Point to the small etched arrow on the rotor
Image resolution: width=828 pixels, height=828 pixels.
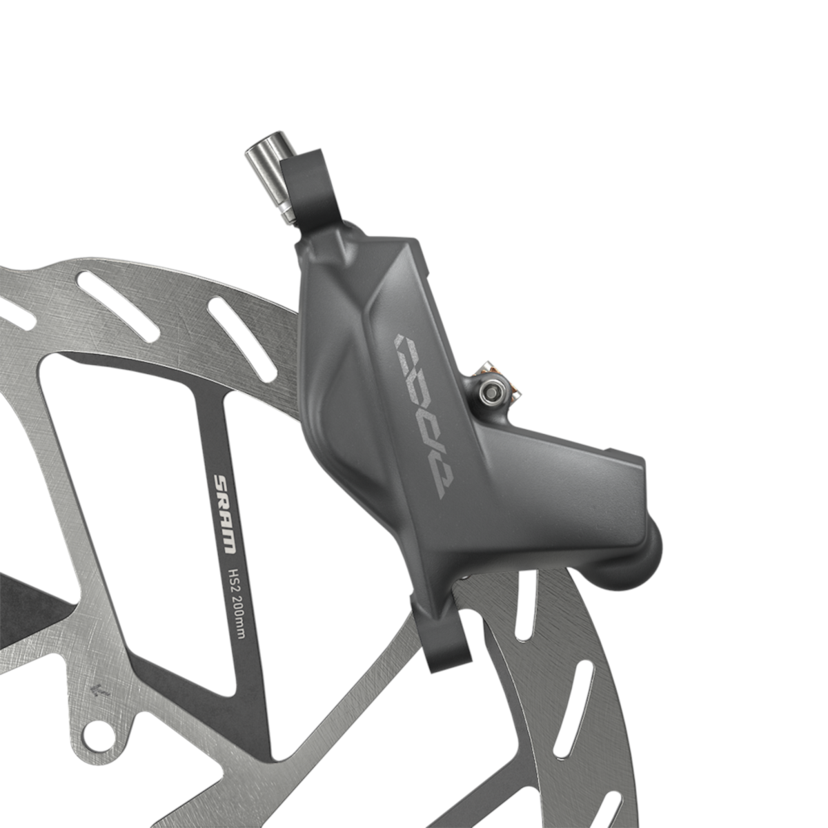[101, 688]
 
